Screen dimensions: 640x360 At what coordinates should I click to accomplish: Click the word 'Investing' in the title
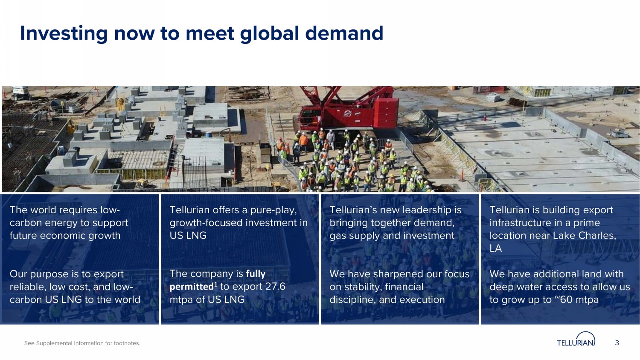click(x=64, y=34)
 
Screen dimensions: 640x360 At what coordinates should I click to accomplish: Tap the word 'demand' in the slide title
click(x=344, y=33)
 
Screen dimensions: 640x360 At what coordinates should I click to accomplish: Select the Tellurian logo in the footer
click(x=576, y=339)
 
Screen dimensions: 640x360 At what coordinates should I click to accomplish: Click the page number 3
click(x=617, y=343)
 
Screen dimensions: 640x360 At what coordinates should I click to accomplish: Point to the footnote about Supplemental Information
click(x=82, y=343)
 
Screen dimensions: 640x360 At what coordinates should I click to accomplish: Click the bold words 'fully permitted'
click(x=218, y=280)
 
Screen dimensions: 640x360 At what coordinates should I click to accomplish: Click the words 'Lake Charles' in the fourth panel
click(x=584, y=235)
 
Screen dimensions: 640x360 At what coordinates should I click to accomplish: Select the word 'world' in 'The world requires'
click(x=44, y=210)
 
